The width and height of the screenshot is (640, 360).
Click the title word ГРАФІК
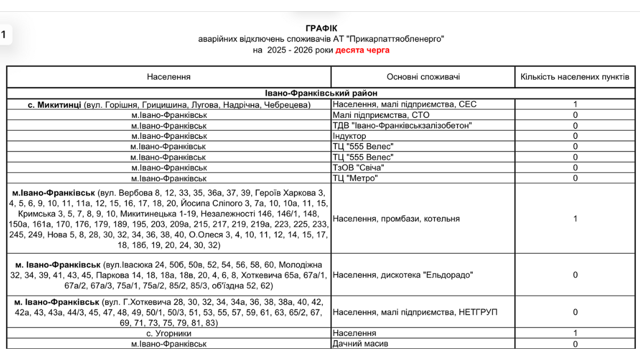coord(322,28)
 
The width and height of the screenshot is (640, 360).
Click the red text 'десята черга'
coord(362,50)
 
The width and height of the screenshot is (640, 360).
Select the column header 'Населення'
coord(169,77)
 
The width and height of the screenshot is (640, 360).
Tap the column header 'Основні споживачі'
coord(423,77)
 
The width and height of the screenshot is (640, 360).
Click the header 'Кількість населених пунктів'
coord(575,77)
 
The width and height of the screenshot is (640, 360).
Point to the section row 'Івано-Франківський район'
coord(321,93)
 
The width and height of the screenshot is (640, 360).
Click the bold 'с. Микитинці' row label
coord(55,105)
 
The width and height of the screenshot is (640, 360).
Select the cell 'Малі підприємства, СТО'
coord(381,115)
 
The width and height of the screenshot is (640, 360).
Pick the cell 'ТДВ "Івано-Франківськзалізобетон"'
coord(402,125)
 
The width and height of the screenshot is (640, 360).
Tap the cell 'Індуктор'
coord(349,136)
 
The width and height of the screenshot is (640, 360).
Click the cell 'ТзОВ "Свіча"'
coord(358,167)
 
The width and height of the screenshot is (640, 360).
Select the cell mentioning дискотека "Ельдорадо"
coord(402,275)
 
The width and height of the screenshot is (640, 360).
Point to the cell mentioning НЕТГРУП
coord(414,312)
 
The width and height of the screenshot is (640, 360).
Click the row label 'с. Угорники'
coord(169,333)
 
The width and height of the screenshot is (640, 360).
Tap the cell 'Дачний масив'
coord(361,344)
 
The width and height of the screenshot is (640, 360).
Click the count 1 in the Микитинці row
coord(575,105)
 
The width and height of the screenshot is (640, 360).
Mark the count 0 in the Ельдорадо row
coord(575,275)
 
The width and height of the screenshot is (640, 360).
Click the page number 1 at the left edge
coord(4,35)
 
